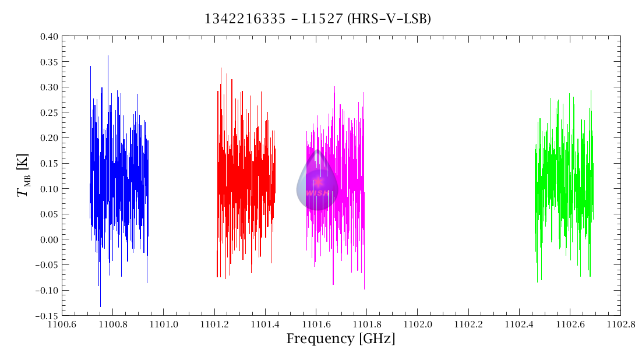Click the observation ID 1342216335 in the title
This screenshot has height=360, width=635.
(x=237, y=19)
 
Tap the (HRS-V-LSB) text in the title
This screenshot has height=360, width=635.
(x=389, y=19)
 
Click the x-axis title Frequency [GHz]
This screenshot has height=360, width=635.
(x=340, y=338)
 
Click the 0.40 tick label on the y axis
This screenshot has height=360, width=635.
(x=50, y=36)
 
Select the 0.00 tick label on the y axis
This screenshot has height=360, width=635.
(x=50, y=239)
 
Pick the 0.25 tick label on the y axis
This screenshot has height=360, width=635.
(x=50, y=112)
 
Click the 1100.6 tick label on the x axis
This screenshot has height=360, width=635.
(x=62, y=324)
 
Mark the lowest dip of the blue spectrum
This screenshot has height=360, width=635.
(x=100, y=305)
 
